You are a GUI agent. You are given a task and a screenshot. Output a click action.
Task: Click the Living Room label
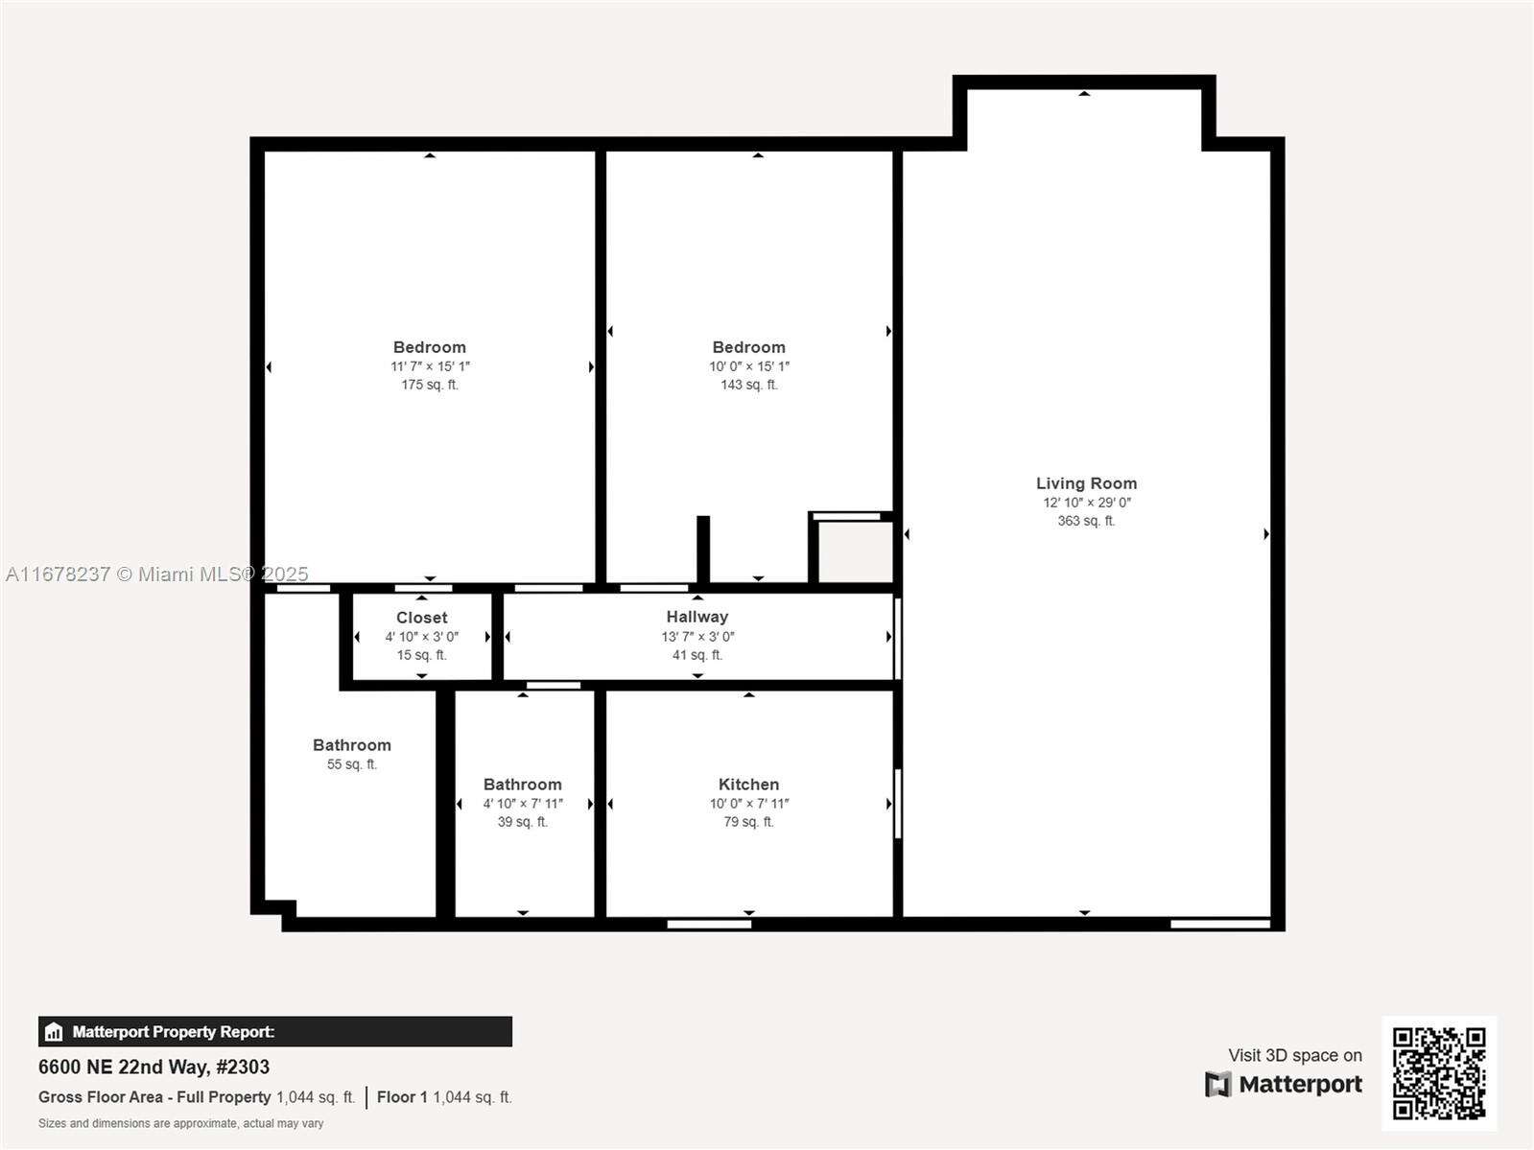(x=1086, y=483)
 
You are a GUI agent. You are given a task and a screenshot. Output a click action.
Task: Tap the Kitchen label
(x=748, y=785)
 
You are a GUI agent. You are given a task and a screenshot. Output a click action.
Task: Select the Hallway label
(x=697, y=617)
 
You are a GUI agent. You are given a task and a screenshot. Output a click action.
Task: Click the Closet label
(x=422, y=618)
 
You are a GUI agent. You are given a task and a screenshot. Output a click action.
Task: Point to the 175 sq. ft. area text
(x=430, y=385)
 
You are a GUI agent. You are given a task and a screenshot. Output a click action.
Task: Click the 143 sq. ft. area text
(x=749, y=385)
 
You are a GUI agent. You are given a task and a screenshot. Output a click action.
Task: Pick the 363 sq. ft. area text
(x=1086, y=521)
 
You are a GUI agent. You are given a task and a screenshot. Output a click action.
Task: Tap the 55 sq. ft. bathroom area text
(x=352, y=764)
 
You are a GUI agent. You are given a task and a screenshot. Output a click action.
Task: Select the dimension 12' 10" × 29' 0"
(x=1087, y=503)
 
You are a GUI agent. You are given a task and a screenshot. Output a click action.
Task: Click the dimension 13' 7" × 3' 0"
(x=697, y=637)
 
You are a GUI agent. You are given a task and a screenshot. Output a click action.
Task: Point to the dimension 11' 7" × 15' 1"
(x=430, y=366)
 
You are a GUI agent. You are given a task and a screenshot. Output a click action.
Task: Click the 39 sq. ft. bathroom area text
(x=523, y=822)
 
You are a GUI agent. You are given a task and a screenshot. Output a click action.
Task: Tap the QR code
(x=1439, y=1073)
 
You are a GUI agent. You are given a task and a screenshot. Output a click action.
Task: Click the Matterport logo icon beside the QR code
(x=1217, y=1085)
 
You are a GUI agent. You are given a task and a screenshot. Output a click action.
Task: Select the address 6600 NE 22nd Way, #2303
(x=153, y=1067)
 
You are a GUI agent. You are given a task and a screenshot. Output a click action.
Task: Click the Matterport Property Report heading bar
(x=274, y=1032)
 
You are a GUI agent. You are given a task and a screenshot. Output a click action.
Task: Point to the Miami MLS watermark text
(x=157, y=574)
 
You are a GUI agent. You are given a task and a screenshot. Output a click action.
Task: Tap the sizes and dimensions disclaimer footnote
(x=180, y=1123)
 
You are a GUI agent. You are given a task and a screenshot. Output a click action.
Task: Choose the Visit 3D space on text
(x=1294, y=1055)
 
